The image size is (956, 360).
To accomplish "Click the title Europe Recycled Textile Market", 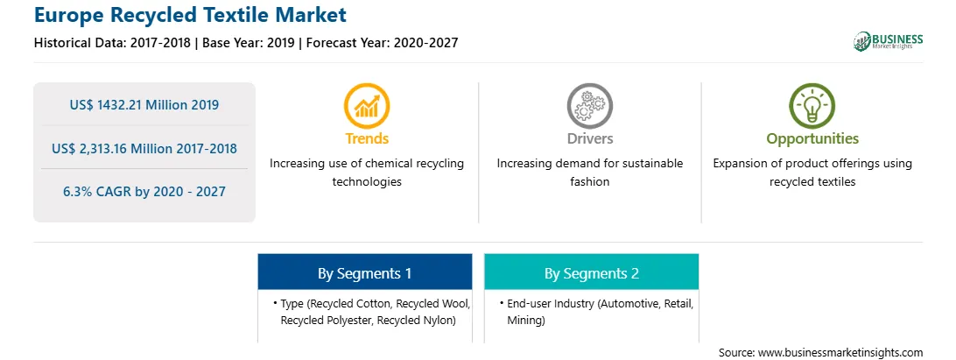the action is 190,15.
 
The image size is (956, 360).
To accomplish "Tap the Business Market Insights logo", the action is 888,41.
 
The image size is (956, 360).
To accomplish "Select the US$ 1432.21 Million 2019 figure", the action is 144,104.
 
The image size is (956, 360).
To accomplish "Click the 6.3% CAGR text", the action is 94,192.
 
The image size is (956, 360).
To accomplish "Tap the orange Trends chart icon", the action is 367,106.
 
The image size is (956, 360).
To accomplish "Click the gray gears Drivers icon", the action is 589,106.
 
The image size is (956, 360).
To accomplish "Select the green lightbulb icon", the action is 812,106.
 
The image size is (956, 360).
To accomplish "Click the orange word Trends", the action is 367,138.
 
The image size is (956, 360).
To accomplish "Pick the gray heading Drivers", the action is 589,138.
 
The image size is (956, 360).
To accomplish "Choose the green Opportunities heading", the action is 812,139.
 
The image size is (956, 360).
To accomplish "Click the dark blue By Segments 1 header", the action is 364,272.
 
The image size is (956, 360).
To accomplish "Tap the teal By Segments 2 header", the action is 592,272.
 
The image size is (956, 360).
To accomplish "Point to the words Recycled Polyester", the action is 327,321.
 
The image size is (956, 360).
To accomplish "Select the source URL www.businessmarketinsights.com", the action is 840,352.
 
